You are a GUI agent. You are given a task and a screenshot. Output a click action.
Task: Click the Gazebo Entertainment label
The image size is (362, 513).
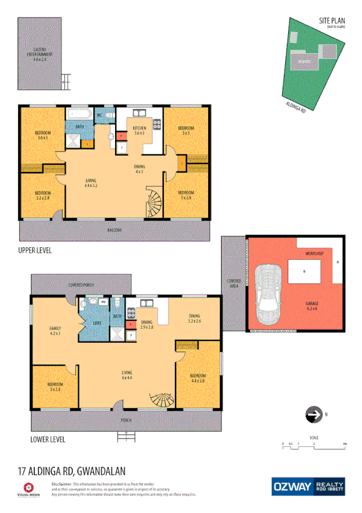click(40, 56)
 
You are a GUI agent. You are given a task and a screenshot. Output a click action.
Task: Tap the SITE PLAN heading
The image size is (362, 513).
click(332, 21)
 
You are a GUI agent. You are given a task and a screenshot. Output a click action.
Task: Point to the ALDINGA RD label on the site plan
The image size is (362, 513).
click(295, 106)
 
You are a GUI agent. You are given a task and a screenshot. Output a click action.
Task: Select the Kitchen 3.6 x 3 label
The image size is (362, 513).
click(139, 130)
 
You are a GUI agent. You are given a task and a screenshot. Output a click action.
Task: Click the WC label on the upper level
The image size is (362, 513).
click(99, 115)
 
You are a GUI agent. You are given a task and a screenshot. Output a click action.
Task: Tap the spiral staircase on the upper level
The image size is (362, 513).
click(154, 204)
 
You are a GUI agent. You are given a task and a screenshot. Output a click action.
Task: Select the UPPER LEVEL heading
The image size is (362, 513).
click(35, 250)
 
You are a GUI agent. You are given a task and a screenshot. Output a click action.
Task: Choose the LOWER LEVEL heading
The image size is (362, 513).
click(48, 440)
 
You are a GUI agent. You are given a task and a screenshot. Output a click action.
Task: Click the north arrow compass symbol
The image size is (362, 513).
click(314, 415)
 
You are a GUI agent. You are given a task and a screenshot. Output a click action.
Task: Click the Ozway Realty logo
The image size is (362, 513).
click(309, 486)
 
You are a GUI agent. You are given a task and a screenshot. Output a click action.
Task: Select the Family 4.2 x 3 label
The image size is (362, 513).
click(55, 331)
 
